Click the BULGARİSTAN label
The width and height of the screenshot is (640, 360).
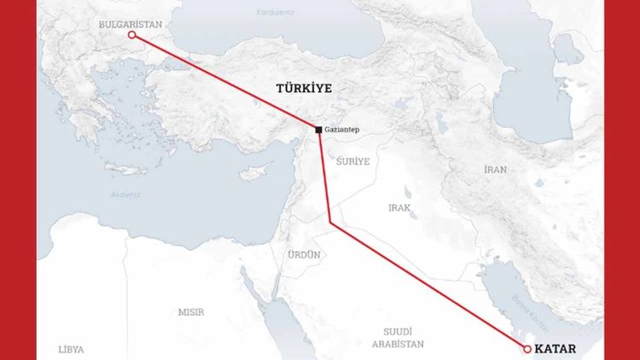point(130,25)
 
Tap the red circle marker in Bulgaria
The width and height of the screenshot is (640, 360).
point(131,35)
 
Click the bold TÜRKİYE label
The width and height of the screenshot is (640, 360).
point(303,88)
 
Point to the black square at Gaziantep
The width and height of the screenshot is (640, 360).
point(319,130)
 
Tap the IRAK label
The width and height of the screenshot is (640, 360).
point(400,207)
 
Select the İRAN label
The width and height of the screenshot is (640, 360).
point(495,170)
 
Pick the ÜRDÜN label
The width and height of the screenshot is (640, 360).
point(303,255)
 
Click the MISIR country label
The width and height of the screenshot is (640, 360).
point(190,312)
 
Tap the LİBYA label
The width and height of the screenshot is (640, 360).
point(72,350)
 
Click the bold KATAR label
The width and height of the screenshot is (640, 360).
point(558,349)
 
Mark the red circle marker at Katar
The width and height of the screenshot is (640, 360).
point(527,349)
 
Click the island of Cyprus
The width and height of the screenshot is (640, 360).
point(254,171)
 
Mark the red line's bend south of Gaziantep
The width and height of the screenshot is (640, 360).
point(330,223)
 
